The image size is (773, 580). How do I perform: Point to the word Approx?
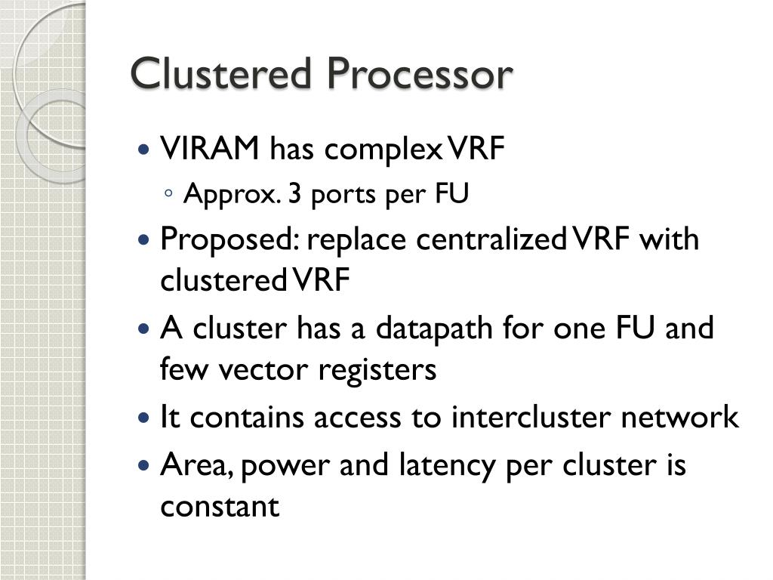(x=232, y=195)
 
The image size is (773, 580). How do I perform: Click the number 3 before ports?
(x=296, y=195)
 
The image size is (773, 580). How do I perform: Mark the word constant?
(x=220, y=505)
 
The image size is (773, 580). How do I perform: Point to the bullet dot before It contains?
(x=146, y=418)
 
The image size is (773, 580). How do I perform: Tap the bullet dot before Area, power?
(x=146, y=464)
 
